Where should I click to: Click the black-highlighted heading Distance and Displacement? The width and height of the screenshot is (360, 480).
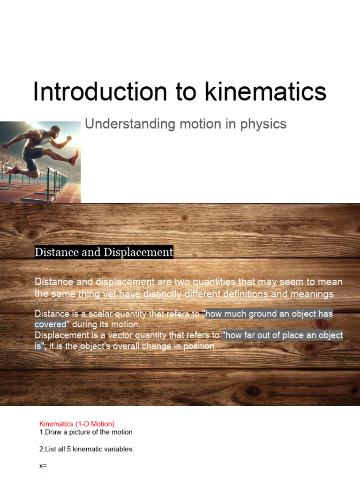104,252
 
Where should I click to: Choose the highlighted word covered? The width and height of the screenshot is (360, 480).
51,324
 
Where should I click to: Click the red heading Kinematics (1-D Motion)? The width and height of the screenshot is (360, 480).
77,424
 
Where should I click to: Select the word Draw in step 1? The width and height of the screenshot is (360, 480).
53,432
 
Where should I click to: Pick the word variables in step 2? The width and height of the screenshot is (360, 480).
119,449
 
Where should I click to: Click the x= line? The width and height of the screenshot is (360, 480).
43,466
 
